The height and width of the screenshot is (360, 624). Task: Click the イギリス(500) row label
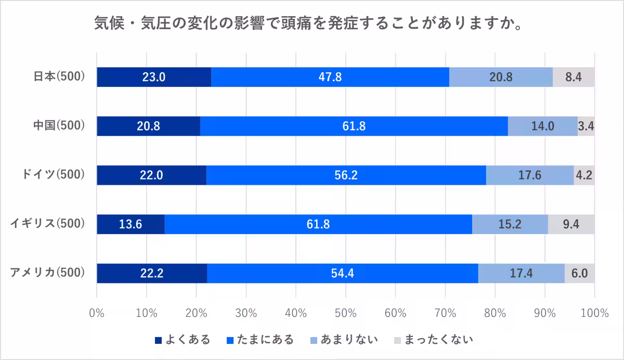[x=47, y=224]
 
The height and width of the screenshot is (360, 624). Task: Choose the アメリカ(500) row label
[x=47, y=273]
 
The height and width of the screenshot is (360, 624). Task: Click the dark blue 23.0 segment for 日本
[x=154, y=77]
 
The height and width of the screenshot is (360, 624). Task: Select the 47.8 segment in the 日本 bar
[x=330, y=77]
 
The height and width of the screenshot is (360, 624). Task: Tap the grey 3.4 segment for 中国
[x=586, y=126]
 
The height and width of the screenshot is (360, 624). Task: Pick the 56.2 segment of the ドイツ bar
[x=346, y=175]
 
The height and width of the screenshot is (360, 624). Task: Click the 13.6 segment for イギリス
[x=131, y=224]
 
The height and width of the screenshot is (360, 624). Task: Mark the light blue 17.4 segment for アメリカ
[x=521, y=273]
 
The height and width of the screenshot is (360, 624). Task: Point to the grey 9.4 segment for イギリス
[x=571, y=224]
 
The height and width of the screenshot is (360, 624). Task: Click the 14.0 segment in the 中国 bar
[x=542, y=126]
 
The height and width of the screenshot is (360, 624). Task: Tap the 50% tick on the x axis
[x=345, y=313]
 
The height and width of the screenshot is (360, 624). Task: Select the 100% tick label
[x=594, y=313]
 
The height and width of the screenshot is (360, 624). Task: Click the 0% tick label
[x=97, y=313]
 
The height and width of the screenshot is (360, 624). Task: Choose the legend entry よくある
[x=183, y=340]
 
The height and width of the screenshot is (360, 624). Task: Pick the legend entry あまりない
[x=344, y=340]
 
